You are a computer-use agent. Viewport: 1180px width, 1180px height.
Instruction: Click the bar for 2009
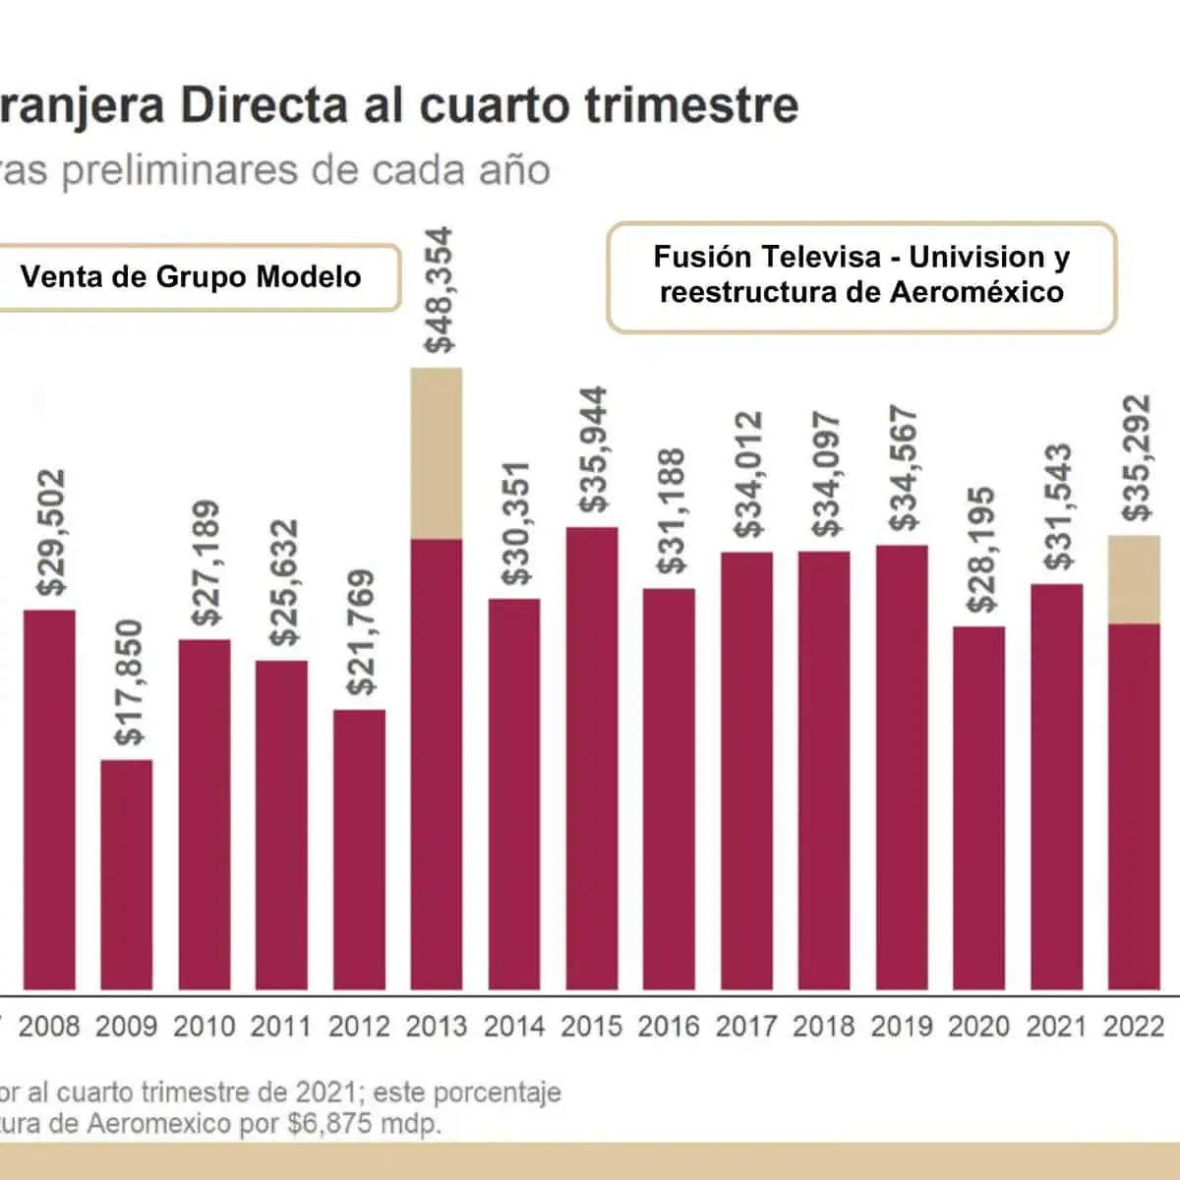[x=127, y=874]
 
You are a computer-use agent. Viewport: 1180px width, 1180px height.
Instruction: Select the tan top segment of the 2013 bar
[x=437, y=453]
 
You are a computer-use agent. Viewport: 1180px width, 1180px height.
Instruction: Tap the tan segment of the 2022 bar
[x=1134, y=579]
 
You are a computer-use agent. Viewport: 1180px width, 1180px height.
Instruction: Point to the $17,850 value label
[x=128, y=681]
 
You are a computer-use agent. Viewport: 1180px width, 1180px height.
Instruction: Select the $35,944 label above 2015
[x=592, y=449]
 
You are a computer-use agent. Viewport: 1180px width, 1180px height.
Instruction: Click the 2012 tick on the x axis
[x=359, y=1027]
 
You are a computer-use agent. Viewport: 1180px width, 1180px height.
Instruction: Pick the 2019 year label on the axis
[x=902, y=1027]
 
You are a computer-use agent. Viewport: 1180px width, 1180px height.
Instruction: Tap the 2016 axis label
[x=669, y=1027]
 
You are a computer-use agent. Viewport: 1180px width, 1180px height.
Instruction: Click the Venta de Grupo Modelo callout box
[x=191, y=277]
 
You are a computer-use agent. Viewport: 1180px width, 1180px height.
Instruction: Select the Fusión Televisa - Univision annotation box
[x=861, y=275]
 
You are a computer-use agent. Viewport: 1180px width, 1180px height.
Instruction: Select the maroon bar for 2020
[x=978, y=807]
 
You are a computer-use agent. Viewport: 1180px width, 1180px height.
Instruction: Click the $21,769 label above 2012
[x=360, y=632]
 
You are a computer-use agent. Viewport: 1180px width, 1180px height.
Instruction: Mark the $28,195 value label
[x=979, y=550]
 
